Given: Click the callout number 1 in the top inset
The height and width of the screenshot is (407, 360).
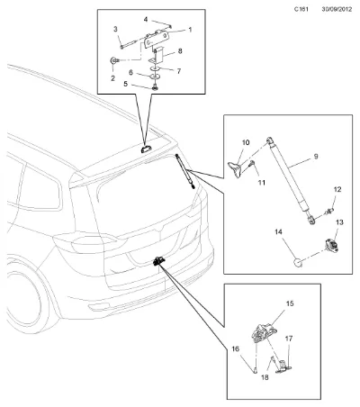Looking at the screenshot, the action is coord(190,30).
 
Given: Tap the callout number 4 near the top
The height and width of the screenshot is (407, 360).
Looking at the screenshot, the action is coord(146,20).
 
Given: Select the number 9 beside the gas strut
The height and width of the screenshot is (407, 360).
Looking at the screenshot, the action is coord(316,157).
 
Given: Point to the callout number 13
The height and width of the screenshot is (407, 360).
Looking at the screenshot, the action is coord(339,222).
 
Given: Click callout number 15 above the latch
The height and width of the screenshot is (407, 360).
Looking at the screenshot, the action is coord(290,303).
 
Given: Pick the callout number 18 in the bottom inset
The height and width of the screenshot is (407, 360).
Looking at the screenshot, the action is coord(265,377).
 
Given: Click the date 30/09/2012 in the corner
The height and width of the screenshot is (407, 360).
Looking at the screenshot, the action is coord(337,9).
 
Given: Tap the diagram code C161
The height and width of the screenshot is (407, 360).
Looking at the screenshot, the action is coord(301,9).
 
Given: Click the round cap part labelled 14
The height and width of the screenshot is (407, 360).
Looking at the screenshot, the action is coord(298,262).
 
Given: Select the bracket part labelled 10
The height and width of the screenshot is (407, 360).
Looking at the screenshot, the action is coord(235,169).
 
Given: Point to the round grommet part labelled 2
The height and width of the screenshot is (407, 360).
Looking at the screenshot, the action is coord(113,60).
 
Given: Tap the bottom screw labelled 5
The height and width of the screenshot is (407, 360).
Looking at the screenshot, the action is coord(156,87).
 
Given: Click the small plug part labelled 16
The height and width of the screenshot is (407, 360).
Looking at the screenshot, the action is coord(256,370).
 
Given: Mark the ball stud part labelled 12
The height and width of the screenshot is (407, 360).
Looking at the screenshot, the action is coord(329,212).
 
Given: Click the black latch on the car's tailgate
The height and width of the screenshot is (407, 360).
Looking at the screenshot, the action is coord(158,261).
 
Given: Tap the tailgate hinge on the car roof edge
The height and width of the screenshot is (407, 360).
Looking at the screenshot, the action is coord(147,149).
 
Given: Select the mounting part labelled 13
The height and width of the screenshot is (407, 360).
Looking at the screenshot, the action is coord(332,245).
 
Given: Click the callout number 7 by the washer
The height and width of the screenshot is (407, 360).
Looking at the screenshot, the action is coord(179,71).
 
